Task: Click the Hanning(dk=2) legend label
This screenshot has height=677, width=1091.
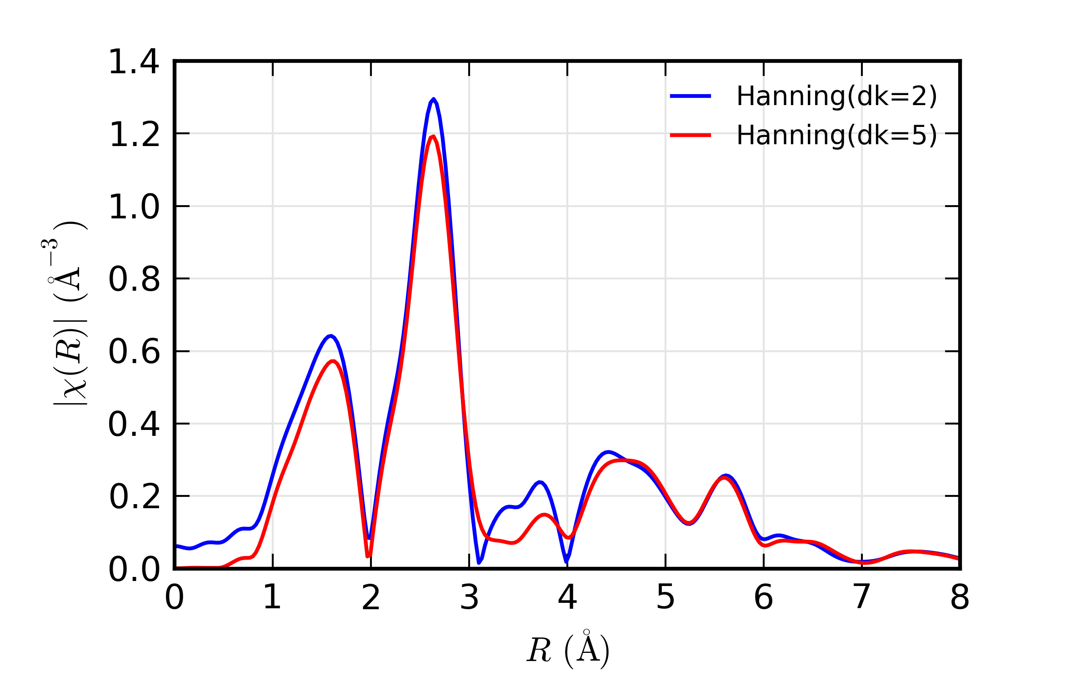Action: tap(836, 96)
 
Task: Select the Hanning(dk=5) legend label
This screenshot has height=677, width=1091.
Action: tap(836, 135)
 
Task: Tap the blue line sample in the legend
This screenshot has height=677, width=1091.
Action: tap(691, 96)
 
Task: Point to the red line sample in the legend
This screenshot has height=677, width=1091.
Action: tap(691, 135)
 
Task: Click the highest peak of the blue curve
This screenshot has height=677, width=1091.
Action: tap(434, 99)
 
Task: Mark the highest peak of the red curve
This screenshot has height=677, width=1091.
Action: tap(434, 136)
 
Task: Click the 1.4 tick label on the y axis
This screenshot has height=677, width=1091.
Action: tap(134, 62)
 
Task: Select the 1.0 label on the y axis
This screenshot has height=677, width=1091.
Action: tap(134, 207)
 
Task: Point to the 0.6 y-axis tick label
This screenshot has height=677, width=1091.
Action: tap(134, 352)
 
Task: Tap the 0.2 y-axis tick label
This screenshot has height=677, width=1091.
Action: tap(134, 497)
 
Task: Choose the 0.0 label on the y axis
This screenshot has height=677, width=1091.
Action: tap(134, 569)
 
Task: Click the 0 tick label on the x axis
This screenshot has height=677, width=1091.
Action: tap(175, 597)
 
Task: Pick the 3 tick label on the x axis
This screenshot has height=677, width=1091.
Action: tap(469, 597)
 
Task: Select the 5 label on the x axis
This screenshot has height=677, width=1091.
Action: tap(666, 597)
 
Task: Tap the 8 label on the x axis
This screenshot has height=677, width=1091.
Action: tap(960, 597)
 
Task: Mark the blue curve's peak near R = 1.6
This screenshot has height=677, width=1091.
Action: tap(331, 336)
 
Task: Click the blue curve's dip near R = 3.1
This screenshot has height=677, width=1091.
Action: tap(479, 562)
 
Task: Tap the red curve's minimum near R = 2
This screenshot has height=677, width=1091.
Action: tap(368, 556)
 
